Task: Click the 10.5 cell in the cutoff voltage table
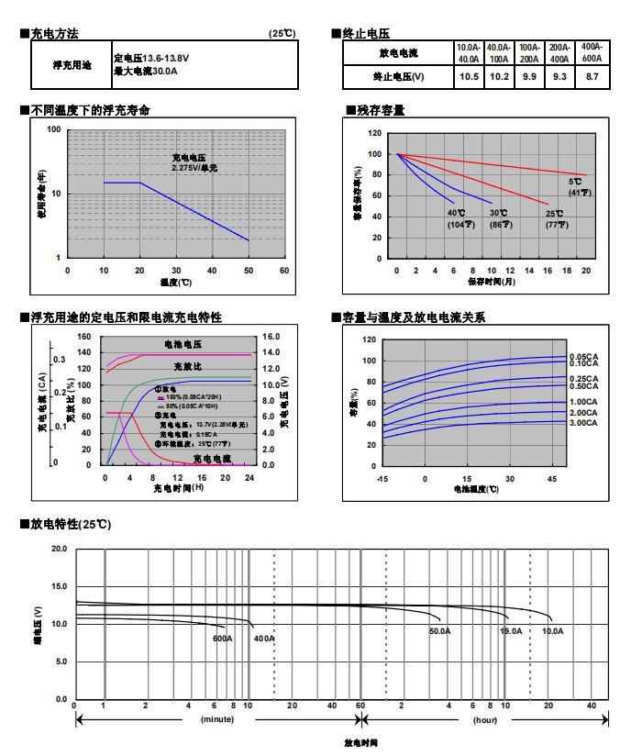[x=469, y=76]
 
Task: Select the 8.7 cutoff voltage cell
[x=592, y=76]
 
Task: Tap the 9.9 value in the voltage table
[x=529, y=76]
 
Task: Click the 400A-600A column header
[x=592, y=51]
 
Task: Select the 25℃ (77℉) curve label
[x=554, y=218]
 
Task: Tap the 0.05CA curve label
[x=584, y=356]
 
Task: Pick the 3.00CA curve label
[x=584, y=422]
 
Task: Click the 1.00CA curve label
[x=584, y=402]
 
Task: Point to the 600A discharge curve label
[x=222, y=638]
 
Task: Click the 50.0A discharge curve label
[x=440, y=631]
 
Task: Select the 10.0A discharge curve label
[x=553, y=631]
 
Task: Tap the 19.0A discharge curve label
[x=511, y=631]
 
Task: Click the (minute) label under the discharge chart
[x=217, y=720]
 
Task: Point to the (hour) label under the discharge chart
[x=485, y=720]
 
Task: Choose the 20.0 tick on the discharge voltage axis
[x=59, y=549]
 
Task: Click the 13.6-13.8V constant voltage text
[x=151, y=57]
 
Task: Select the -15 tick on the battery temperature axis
[x=382, y=479]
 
